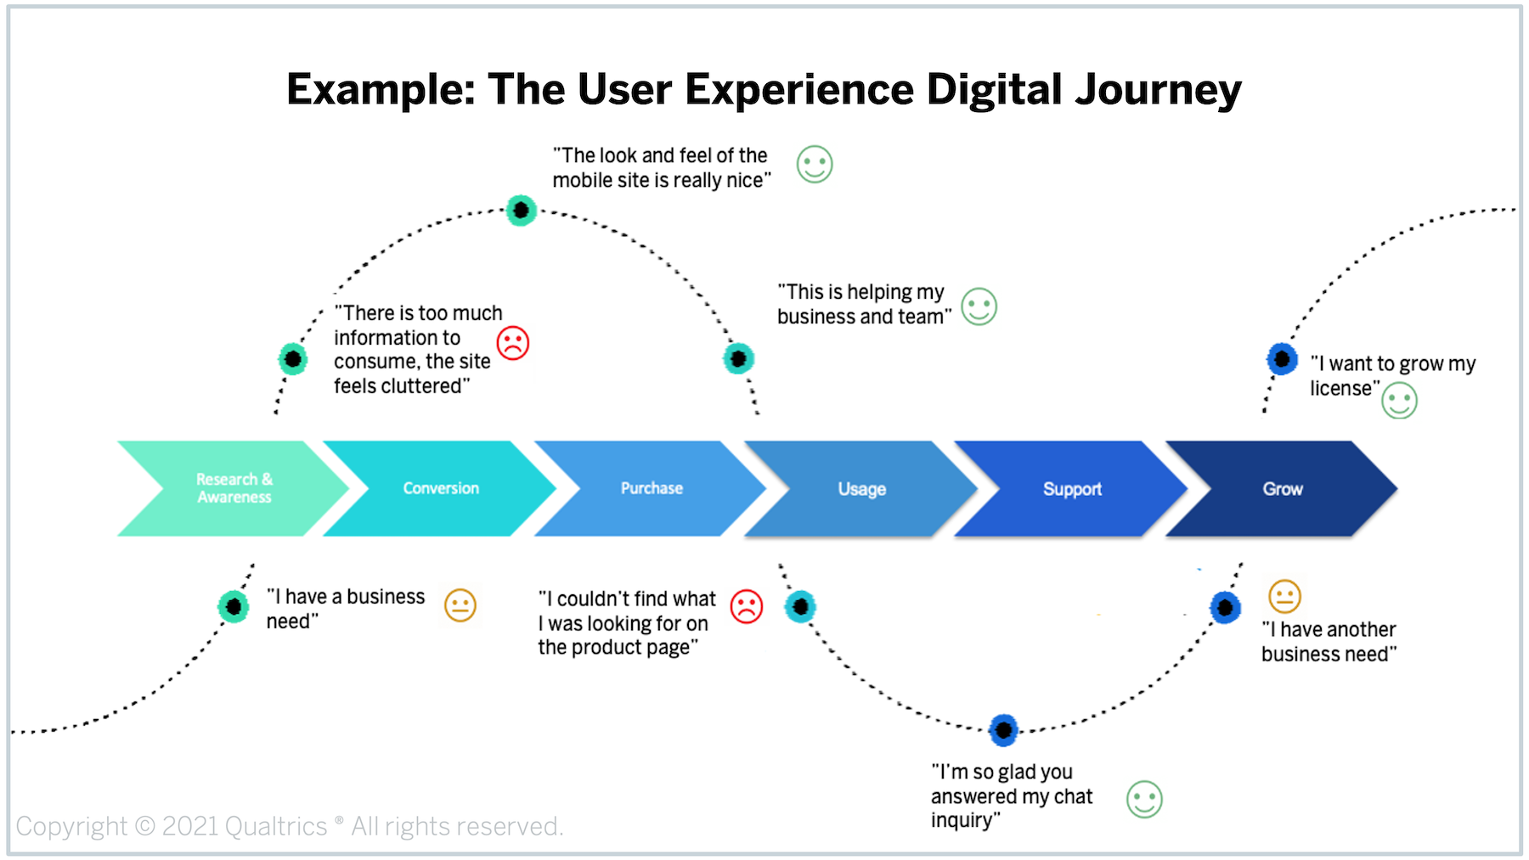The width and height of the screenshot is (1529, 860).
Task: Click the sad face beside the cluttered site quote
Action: point(513,343)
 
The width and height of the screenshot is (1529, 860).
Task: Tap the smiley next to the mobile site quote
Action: point(815,165)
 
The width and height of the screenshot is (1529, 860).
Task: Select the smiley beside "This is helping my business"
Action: point(979,306)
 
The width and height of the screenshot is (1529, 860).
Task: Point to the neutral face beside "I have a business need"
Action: point(460,605)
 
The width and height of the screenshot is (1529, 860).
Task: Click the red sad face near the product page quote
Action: point(747,606)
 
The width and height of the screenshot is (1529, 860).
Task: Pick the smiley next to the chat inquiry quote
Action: point(1144,799)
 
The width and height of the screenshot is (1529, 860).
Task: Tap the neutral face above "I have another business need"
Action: point(1284,596)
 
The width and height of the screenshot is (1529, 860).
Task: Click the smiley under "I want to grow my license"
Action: point(1399,401)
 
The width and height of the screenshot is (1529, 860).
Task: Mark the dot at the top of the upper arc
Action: point(521,210)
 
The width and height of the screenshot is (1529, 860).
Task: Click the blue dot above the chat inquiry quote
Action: point(1003,730)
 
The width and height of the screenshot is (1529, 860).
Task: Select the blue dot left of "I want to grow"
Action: point(1282,359)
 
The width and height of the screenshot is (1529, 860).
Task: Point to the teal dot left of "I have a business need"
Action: point(233,606)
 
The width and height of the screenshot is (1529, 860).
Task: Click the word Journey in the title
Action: point(1159,90)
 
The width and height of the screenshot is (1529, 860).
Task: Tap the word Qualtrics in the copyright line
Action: point(276,826)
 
